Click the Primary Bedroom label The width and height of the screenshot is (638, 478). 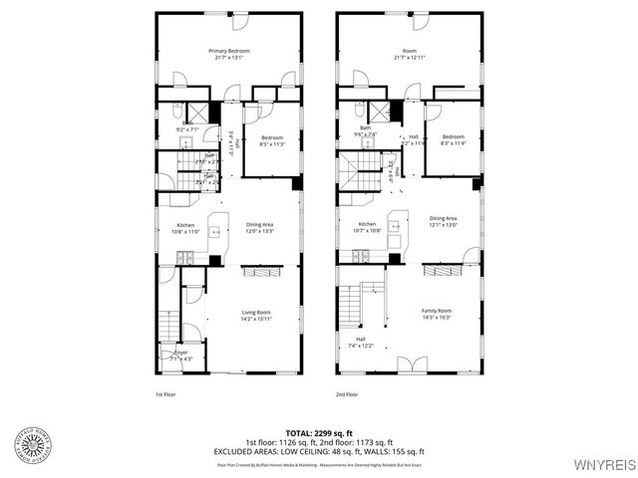click(228, 54)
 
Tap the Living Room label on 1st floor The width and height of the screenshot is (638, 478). click(255, 316)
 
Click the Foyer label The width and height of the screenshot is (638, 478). click(181, 355)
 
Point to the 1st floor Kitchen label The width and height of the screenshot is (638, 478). click(186, 228)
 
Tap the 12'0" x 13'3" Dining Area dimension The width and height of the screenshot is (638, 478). click(259, 232)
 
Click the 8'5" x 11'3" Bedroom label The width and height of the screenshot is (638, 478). click(273, 140)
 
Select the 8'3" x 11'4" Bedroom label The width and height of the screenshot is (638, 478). click(454, 139)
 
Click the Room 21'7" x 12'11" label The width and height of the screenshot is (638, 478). click(409, 54)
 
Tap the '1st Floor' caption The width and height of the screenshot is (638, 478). click(166, 395)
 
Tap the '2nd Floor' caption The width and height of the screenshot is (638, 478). click(347, 395)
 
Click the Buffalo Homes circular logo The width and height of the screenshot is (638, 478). click(34, 444)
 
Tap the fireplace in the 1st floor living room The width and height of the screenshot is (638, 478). click(263, 271)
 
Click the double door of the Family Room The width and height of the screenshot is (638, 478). click(406, 364)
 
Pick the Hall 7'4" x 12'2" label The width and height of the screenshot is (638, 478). click(361, 342)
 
